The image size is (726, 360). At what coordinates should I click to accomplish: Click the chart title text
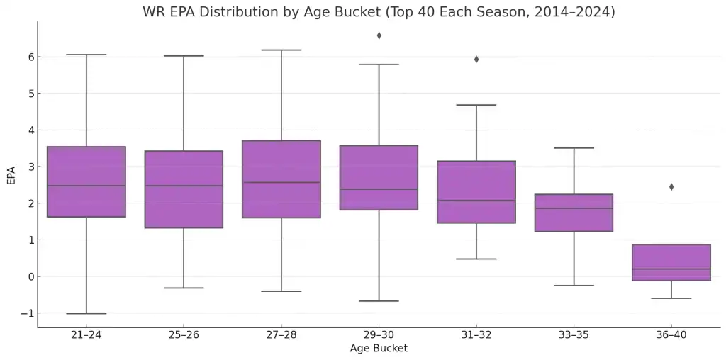pyautogui.click(x=379, y=12)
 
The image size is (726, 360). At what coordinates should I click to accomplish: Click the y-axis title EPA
pyautogui.click(x=11, y=175)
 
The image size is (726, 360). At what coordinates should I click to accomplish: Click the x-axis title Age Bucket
pyautogui.click(x=379, y=349)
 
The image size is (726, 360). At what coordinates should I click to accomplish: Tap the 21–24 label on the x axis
pyautogui.click(x=86, y=334)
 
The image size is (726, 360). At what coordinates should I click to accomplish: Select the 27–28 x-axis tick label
pyautogui.click(x=281, y=334)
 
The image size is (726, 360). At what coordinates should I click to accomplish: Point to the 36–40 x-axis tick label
pyautogui.click(x=671, y=334)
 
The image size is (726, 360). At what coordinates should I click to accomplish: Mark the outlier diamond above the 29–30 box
pyautogui.click(x=379, y=35)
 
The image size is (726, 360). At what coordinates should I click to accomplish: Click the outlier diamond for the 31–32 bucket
pyautogui.click(x=476, y=60)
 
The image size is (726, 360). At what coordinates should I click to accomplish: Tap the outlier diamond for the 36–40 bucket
pyautogui.click(x=671, y=187)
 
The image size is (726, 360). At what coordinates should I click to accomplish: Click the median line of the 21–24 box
pyautogui.click(x=86, y=186)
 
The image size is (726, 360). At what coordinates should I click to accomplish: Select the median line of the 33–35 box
pyautogui.click(x=574, y=208)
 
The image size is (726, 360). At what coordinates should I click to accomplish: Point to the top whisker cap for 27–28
pyautogui.click(x=281, y=50)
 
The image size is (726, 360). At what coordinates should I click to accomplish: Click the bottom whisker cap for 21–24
pyautogui.click(x=86, y=313)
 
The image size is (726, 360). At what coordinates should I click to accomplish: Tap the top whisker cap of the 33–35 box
pyautogui.click(x=574, y=148)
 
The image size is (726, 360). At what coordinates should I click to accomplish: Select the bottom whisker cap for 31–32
pyautogui.click(x=476, y=259)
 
